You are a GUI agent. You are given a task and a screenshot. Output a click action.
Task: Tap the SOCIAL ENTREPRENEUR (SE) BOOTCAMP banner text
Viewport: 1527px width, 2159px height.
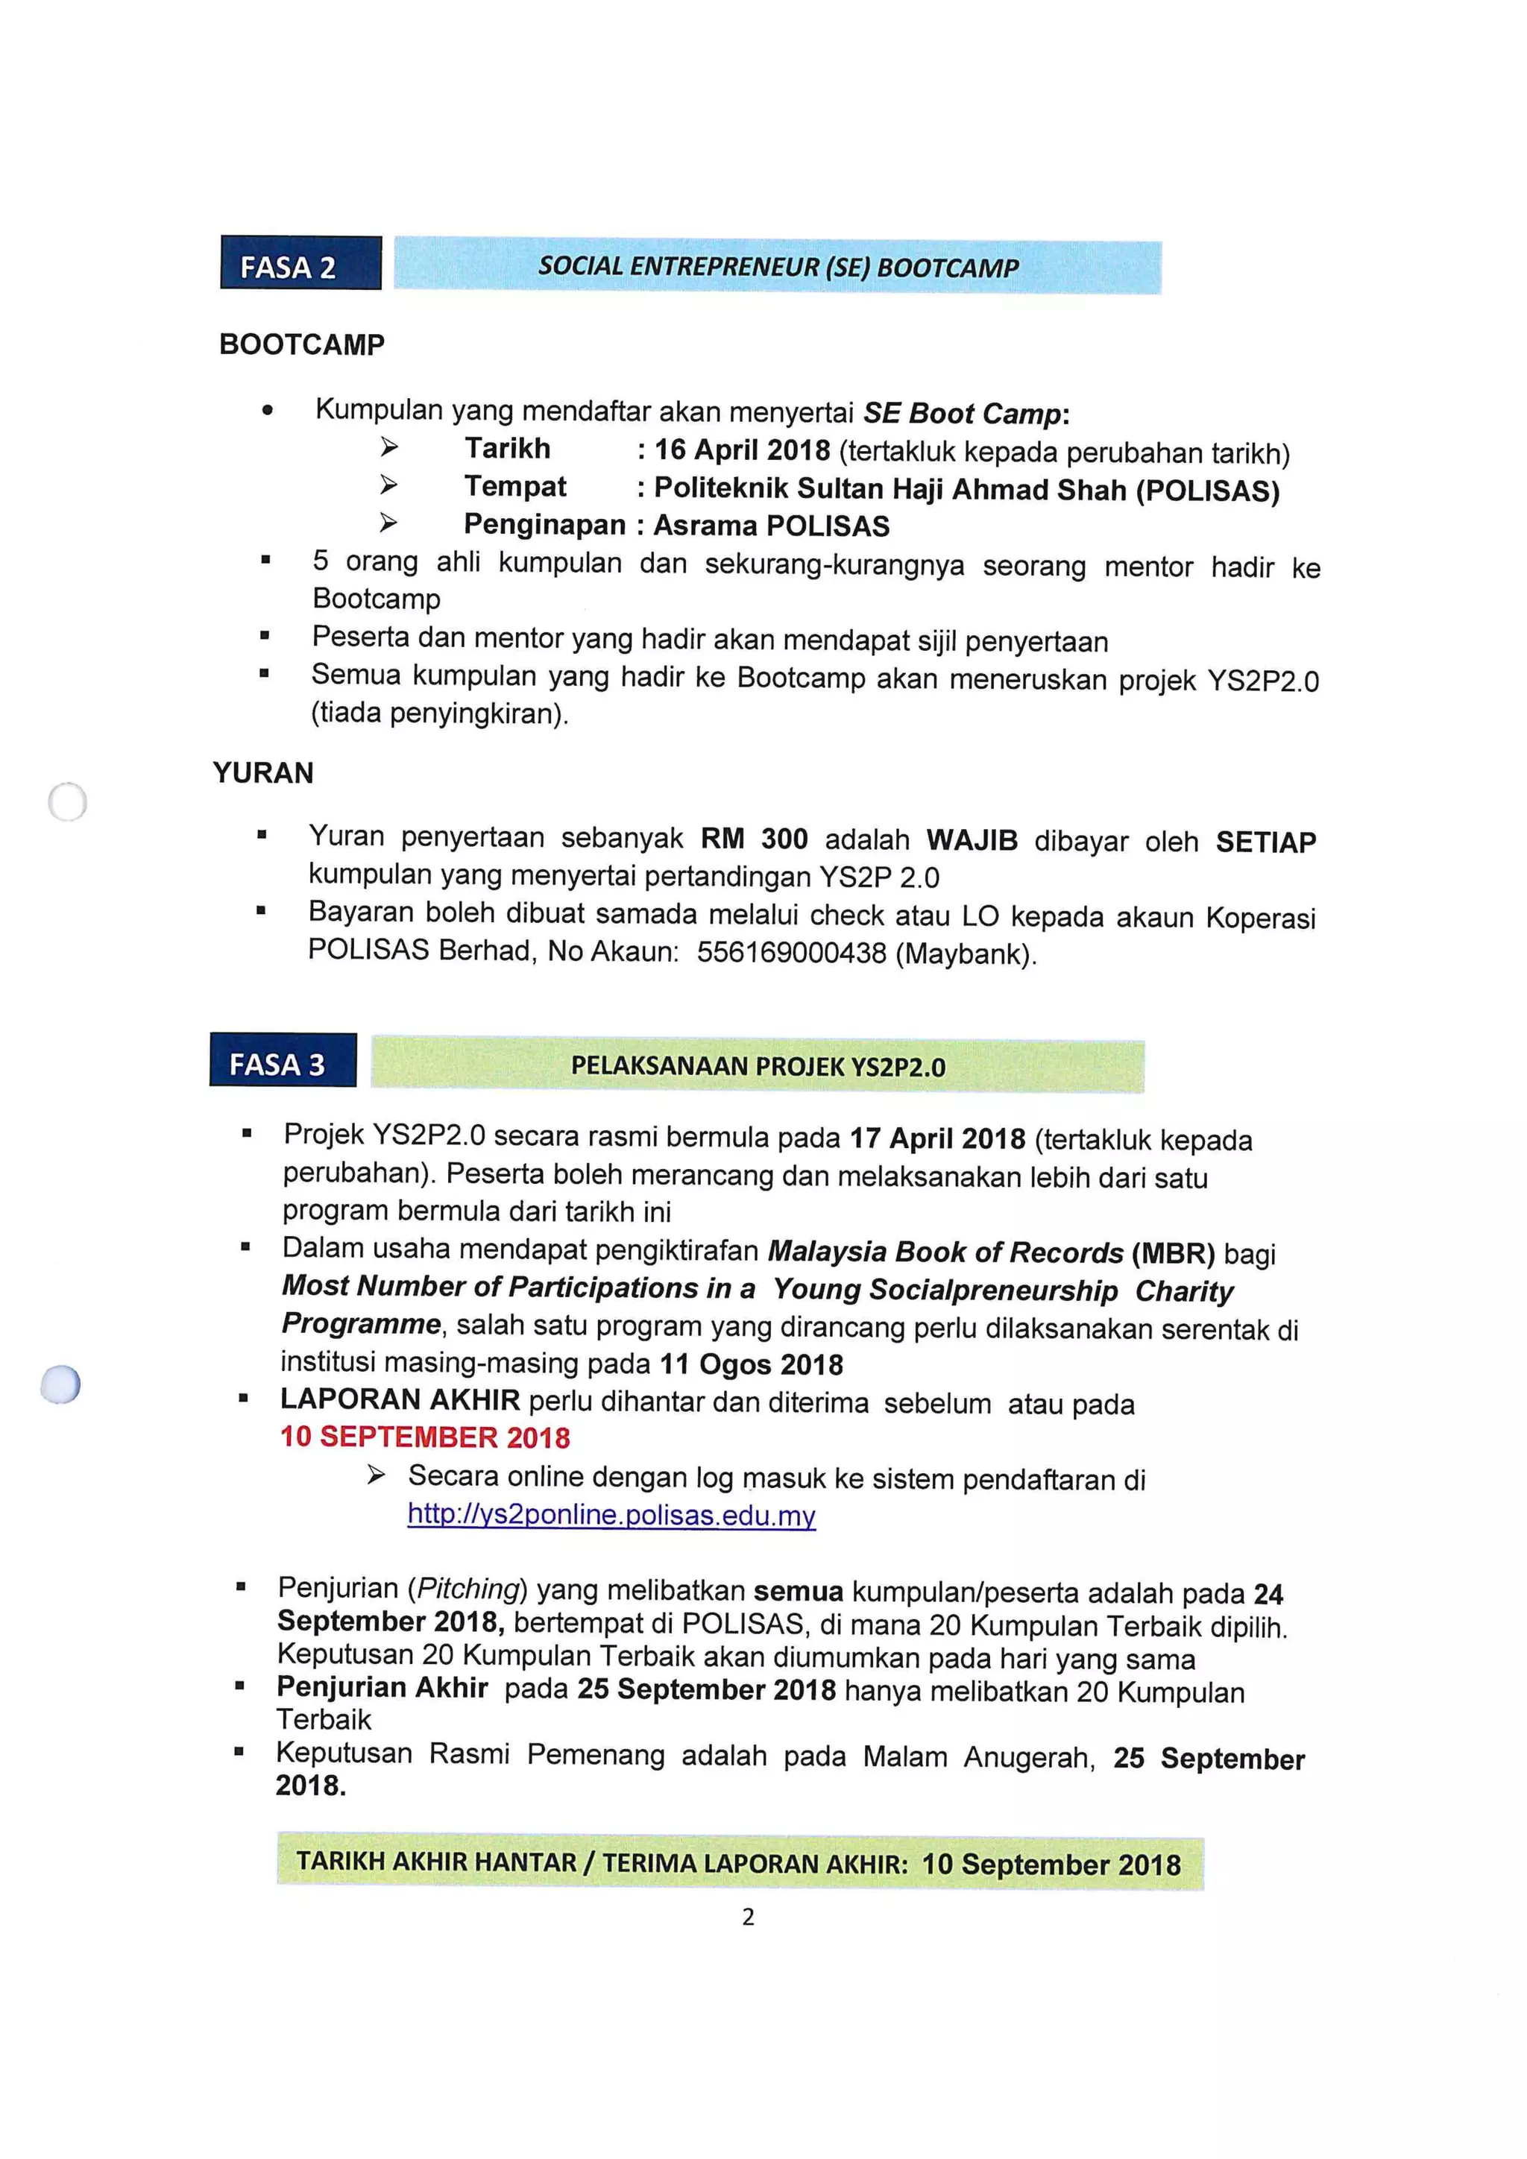pyautogui.click(x=778, y=267)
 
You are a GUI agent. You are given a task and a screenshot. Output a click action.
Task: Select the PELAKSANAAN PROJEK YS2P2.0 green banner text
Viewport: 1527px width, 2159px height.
pyautogui.click(x=758, y=1066)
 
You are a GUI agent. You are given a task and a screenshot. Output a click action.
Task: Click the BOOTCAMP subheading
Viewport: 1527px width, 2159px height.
pyautogui.click(x=302, y=345)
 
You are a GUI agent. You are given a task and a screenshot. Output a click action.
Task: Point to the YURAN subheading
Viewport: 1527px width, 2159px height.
pyautogui.click(x=263, y=773)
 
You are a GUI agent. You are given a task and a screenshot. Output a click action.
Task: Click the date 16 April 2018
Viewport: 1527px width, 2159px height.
pyautogui.click(x=742, y=450)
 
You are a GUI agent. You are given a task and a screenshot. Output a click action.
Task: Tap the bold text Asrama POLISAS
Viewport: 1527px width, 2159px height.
pyautogui.click(x=771, y=526)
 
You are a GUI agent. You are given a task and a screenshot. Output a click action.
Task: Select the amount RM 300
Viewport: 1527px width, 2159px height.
pyautogui.click(x=754, y=839)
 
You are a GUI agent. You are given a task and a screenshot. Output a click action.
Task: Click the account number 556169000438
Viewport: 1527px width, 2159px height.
pyautogui.click(x=791, y=953)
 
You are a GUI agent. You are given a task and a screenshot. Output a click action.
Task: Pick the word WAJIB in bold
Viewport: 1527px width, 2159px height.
pyautogui.click(x=972, y=839)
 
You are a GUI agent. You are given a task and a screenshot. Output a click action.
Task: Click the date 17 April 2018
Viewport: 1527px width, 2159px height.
pyautogui.click(x=937, y=1138)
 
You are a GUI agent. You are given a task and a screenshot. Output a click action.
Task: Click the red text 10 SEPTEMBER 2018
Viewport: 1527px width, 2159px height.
pyautogui.click(x=425, y=1437)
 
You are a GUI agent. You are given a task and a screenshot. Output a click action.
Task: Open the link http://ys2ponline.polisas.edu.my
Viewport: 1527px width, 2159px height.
pyautogui.click(x=611, y=1515)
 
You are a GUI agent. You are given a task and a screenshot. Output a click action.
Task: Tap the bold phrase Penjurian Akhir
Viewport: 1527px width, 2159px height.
pyautogui.click(x=382, y=1688)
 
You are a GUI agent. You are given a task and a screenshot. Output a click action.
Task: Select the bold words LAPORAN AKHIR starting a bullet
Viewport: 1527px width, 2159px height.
pyautogui.click(x=400, y=1400)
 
